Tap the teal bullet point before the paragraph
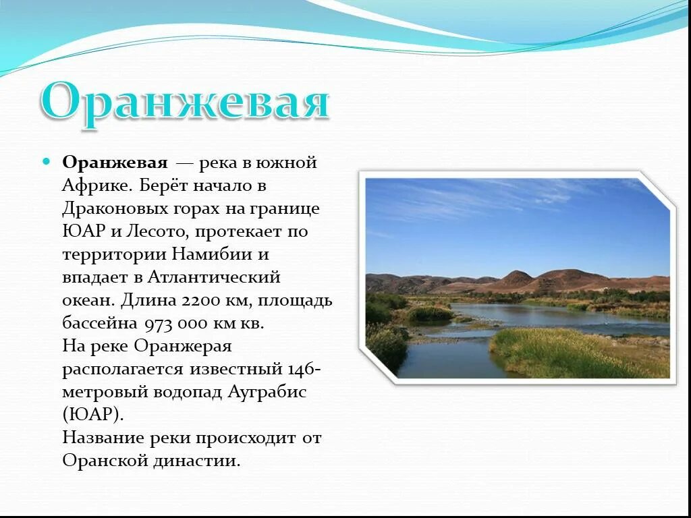[47, 163]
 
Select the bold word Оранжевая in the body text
[115, 163]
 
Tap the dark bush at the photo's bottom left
[387, 347]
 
